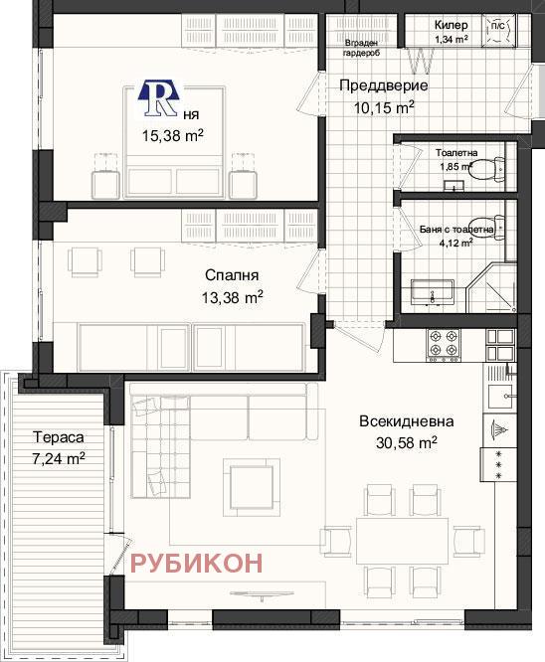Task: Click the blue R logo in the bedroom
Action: pyautogui.click(x=157, y=97)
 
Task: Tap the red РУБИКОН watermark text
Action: pyautogui.click(x=198, y=563)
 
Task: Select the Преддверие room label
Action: pyautogui.click(x=377, y=85)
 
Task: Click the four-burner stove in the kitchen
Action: pyautogui.click(x=445, y=345)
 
